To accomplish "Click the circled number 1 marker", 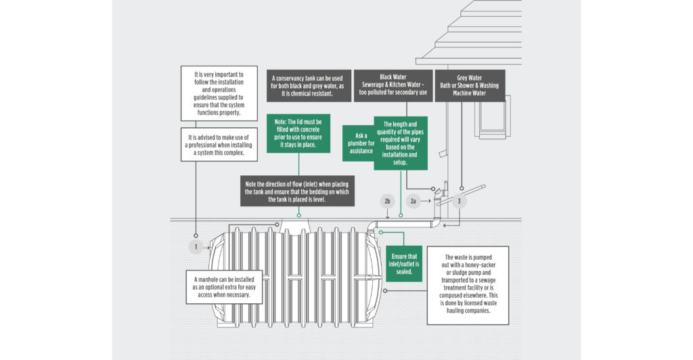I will point(196,248).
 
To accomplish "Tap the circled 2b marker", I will point(387,201).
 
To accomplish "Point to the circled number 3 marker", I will point(460,201).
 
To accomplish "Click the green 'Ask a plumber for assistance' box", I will point(359,143).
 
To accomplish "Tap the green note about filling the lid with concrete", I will point(298,133).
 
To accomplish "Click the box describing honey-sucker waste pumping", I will point(468,285).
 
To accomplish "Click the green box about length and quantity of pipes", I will point(405,143).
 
